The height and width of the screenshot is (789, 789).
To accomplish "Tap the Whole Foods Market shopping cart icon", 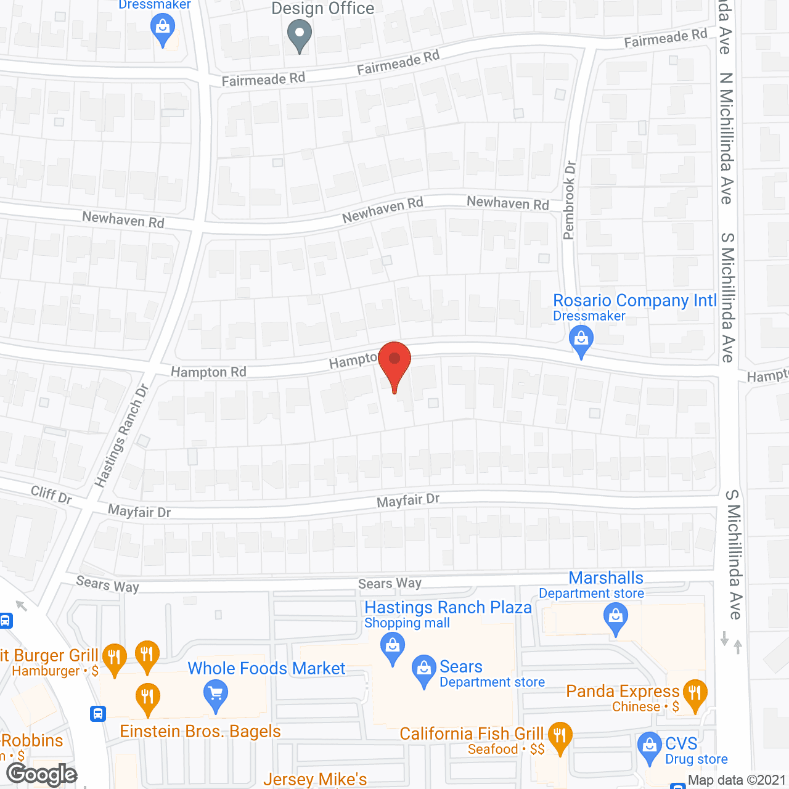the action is pyautogui.click(x=215, y=695).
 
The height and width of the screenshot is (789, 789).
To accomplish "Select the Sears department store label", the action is pyautogui.click(x=461, y=667).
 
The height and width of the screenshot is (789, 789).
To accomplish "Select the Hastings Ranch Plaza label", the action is pyautogui.click(x=448, y=608).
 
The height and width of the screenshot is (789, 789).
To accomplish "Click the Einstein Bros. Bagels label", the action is pyautogui.click(x=200, y=732).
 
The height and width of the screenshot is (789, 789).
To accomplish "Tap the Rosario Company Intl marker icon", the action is pyautogui.click(x=581, y=340).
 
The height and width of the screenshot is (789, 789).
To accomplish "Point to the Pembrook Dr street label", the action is pyautogui.click(x=570, y=200).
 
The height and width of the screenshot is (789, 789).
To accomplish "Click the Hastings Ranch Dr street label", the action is pyautogui.click(x=122, y=435).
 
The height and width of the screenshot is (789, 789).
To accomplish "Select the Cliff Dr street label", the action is pyautogui.click(x=51, y=494).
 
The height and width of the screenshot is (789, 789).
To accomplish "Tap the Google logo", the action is pyautogui.click(x=42, y=774).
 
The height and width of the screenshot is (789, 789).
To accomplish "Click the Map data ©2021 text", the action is pyautogui.click(x=737, y=780).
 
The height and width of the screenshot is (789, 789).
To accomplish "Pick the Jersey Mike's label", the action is pyautogui.click(x=315, y=780).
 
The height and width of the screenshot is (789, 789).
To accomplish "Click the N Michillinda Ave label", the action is pyautogui.click(x=727, y=138).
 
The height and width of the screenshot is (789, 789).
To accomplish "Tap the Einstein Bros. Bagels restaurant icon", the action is pyautogui.click(x=147, y=698).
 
